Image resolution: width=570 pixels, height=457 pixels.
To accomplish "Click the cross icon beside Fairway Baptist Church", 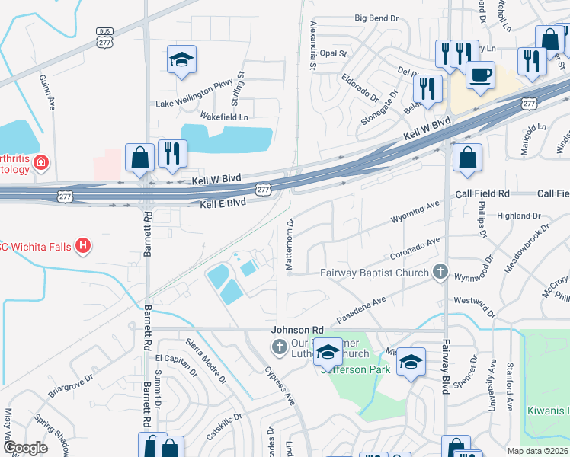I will coord(439,271).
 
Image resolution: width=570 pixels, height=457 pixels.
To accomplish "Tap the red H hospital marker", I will coord(85,247).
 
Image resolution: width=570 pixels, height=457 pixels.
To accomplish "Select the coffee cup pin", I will coord(479,75).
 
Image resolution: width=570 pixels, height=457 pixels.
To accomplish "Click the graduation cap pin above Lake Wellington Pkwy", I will coord(181,61).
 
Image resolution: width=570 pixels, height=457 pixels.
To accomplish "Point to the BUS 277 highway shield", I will coord(104,37).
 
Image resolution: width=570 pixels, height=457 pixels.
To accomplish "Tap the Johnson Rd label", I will coord(293,330).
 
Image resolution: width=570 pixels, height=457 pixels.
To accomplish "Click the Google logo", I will coord(26,449).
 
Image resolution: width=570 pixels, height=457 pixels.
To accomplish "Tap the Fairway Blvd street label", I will coord(447,366).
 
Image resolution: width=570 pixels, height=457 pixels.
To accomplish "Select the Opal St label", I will coord(333,54).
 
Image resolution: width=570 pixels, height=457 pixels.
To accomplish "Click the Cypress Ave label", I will coord(280,386).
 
